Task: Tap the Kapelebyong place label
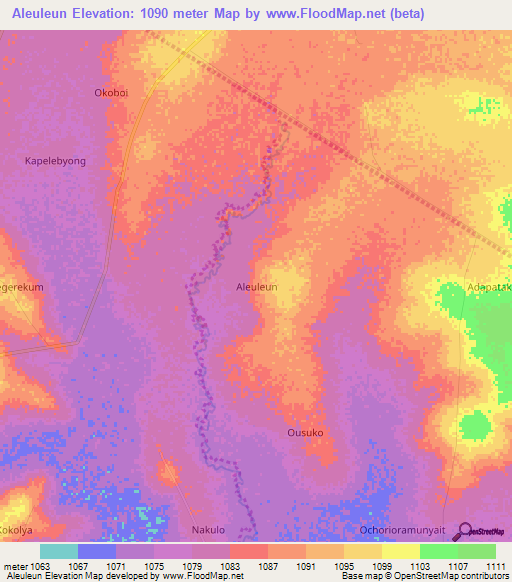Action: [x=55, y=160]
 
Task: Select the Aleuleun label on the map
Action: [x=256, y=287]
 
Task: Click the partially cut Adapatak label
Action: [x=489, y=288]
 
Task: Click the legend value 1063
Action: [x=40, y=567]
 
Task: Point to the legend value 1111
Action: [x=495, y=567]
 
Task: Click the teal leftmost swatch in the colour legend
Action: [x=59, y=551]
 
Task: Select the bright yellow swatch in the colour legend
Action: [x=400, y=551]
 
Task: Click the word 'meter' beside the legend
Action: [x=16, y=567]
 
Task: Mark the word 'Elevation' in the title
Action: [x=110, y=14]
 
